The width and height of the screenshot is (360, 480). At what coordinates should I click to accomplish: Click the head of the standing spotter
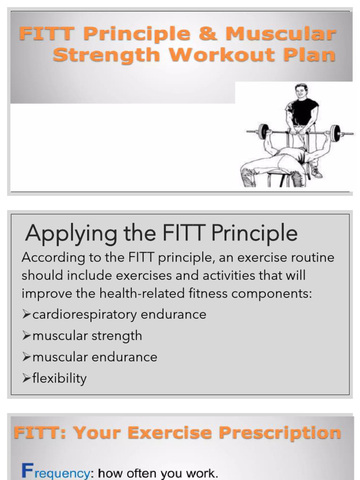pos(301,91)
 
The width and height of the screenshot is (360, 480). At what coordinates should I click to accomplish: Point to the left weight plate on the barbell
pos(264,132)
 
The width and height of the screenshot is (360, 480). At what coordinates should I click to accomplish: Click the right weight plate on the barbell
pos(335,133)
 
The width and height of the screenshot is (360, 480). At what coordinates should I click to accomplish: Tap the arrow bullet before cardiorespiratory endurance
pos(26,315)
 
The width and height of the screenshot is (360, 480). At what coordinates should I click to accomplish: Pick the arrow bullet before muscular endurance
pos(26,357)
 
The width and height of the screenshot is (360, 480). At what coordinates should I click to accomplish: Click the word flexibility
pos(60,378)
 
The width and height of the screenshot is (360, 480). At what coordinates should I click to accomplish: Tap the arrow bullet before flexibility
pos(26,378)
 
